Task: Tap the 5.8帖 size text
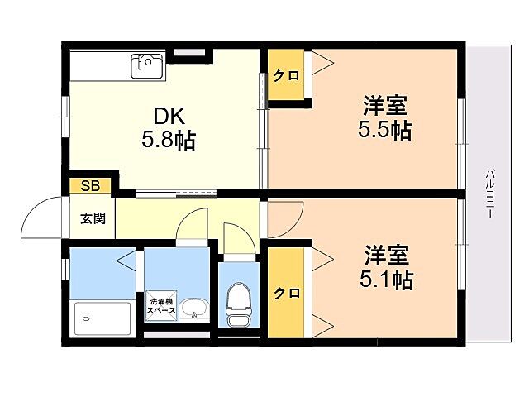click(169, 140)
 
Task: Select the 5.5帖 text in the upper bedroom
click(385, 130)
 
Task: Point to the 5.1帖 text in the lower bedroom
click(386, 279)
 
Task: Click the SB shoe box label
click(90, 186)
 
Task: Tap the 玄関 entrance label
click(92, 219)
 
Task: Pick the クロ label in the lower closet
click(287, 293)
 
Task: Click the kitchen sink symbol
click(148, 65)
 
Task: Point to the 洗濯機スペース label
click(161, 305)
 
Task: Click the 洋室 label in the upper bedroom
click(385, 106)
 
